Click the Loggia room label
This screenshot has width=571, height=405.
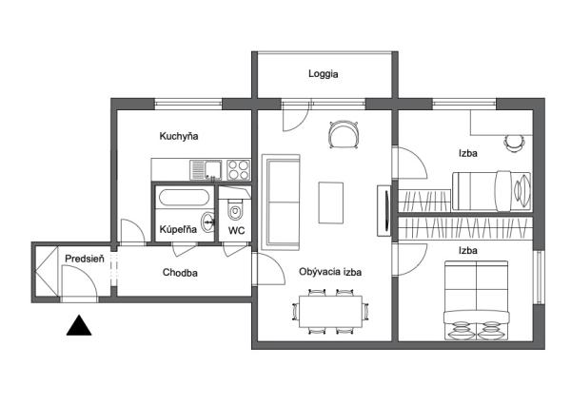pos(323,74)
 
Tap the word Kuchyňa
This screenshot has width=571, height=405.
pos(179,136)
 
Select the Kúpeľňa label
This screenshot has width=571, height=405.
pos(178,229)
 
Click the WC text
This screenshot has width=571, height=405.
pos(236,230)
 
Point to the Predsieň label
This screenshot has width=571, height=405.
pos(85,259)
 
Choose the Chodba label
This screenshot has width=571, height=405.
pos(180,273)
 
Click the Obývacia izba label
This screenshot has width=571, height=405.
pos(330,272)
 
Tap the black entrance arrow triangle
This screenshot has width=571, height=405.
pos(79,325)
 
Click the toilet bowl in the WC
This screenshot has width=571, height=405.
pos(235,209)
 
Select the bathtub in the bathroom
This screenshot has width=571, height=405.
pos(185,198)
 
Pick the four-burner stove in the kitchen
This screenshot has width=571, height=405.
pos(239,170)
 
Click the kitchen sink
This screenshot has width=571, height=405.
pos(206,170)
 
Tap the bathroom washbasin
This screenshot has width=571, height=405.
pos(207,222)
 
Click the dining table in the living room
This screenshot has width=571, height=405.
pos(330,312)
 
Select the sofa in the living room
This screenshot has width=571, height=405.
pos(281,202)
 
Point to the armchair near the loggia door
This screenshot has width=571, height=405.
pos(344,135)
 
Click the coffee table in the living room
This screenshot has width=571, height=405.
pos(330,202)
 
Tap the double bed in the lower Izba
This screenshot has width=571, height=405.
pos(476,300)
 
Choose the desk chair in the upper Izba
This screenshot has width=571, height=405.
pos(514,144)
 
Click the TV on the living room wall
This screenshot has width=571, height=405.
pos(384,211)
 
